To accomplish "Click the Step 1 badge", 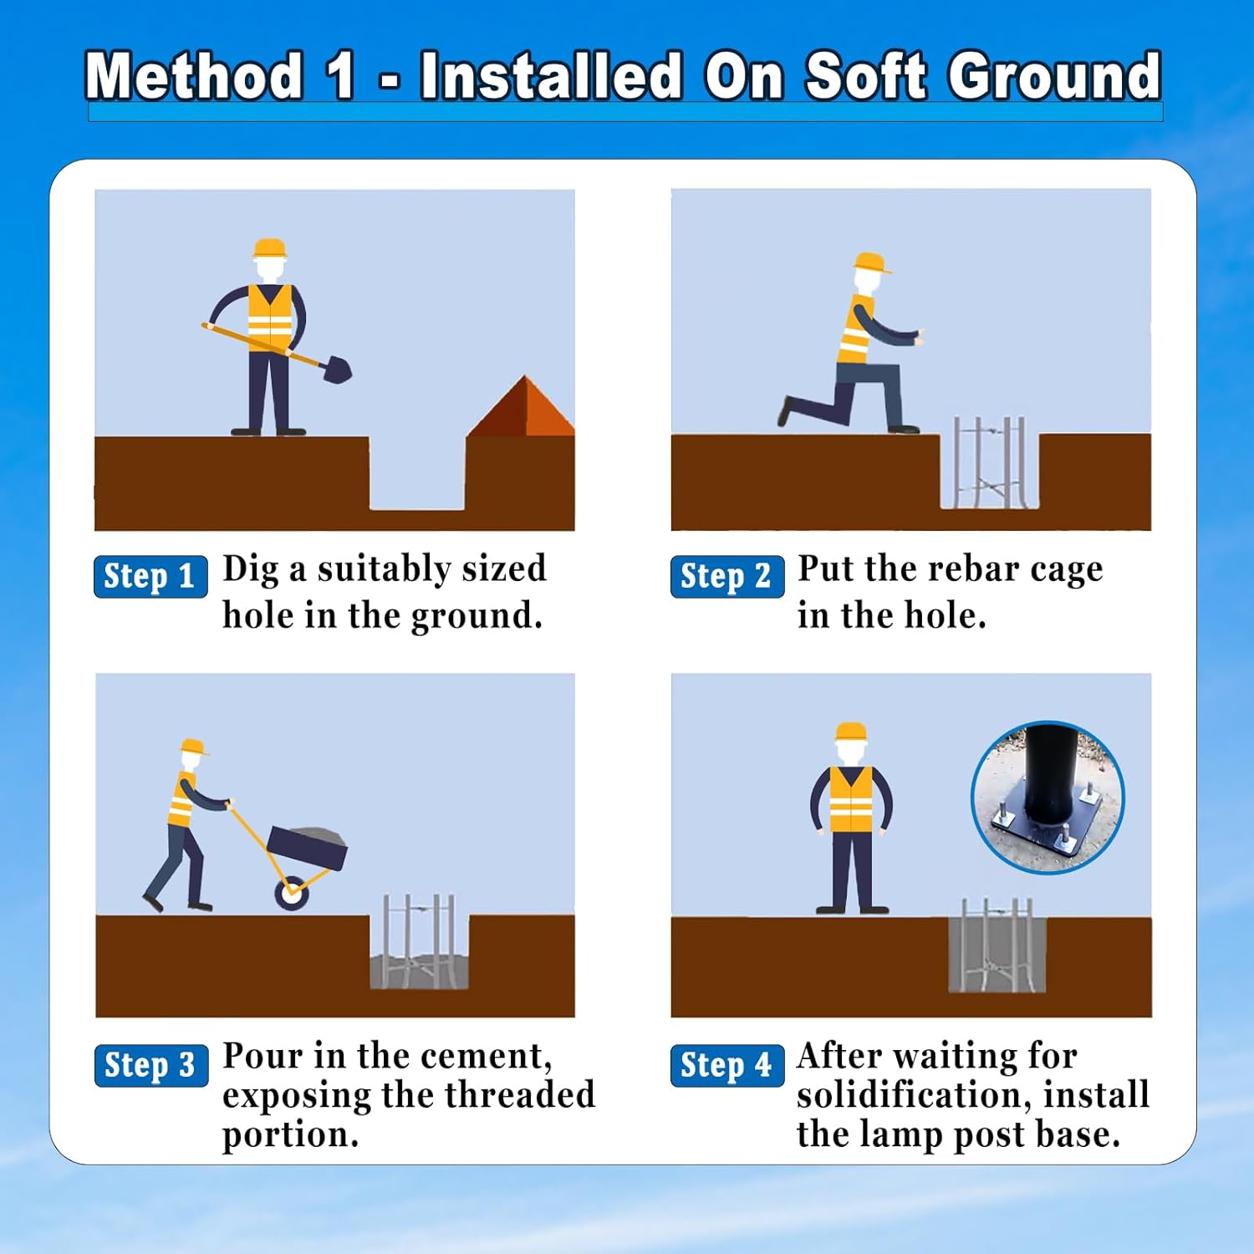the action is pos(150,576).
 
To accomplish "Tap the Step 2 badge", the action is pos(727,576).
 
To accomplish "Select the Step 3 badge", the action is pos(151,1065).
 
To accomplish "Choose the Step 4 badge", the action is pos(727,1065).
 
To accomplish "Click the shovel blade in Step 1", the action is pos(337,370).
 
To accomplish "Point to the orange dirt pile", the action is pos(522,407).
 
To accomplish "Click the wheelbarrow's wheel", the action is pos(292,894).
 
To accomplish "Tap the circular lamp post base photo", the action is pos(1048,798).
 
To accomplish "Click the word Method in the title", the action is pos(194,76).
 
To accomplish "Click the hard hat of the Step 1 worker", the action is pos(269,248).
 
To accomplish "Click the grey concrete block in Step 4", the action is pos(997,955).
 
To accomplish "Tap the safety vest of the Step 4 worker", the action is pos(851,799).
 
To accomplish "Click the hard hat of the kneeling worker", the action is pos(871,263).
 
